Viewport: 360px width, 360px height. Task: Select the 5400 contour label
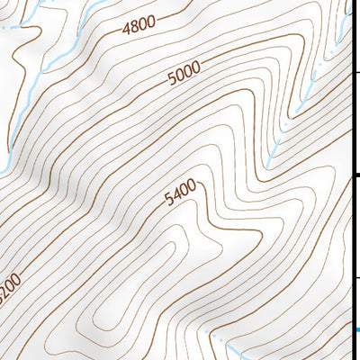pyautogui.click(x=179, y=194)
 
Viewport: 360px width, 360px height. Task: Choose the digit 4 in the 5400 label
pyautogui.click(x=175, y=197)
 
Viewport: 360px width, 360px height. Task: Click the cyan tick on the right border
pyautogui.click(x=356, y=329)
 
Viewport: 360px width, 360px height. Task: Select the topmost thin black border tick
pyautogui.click(x=355, y=72)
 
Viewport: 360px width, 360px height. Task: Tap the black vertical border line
pyautogui.click(x=351, y=225)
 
